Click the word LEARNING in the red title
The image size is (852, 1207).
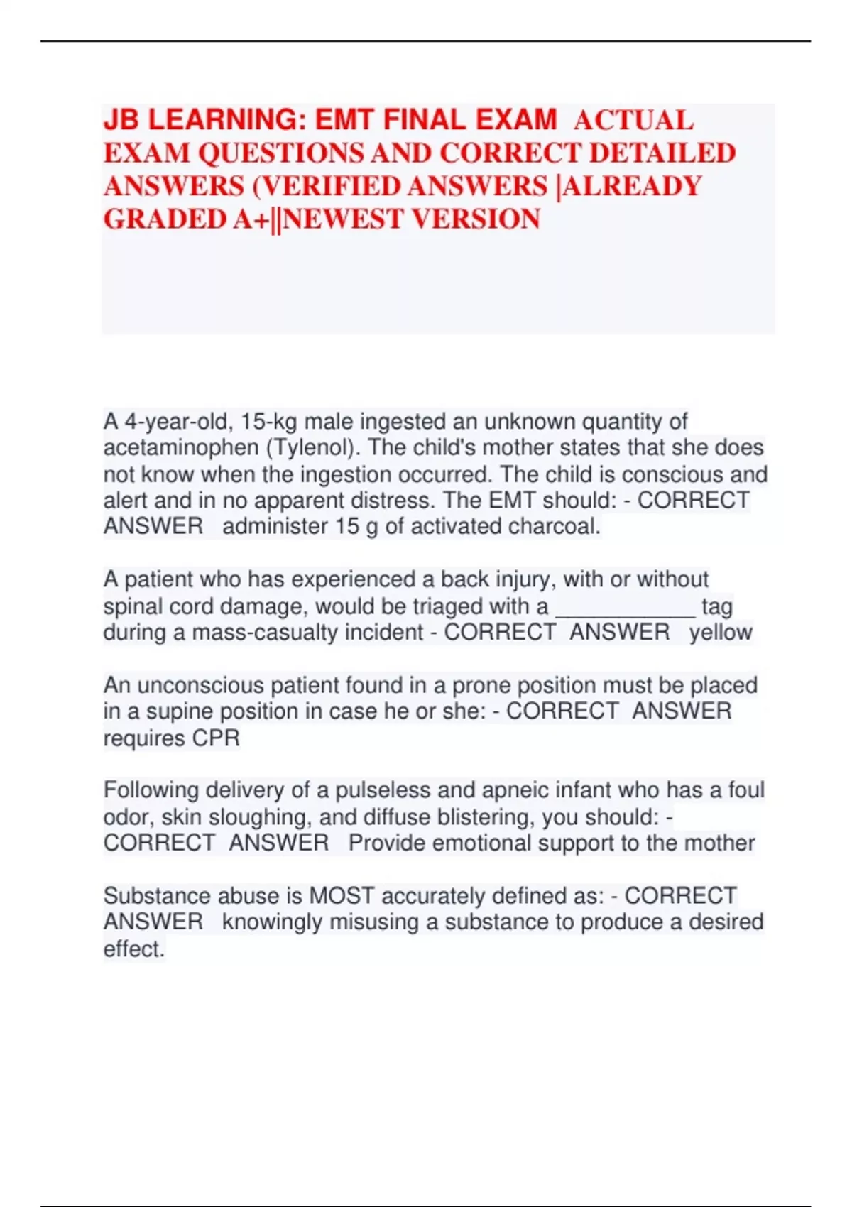coord(226,120)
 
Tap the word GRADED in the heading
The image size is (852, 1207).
coord(165,219)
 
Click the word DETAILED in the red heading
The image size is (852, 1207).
coord(662,153)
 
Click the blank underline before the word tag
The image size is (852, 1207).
coord(625,607)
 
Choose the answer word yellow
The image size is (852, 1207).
coord(721,633)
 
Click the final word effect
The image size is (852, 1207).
coord(133,949)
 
